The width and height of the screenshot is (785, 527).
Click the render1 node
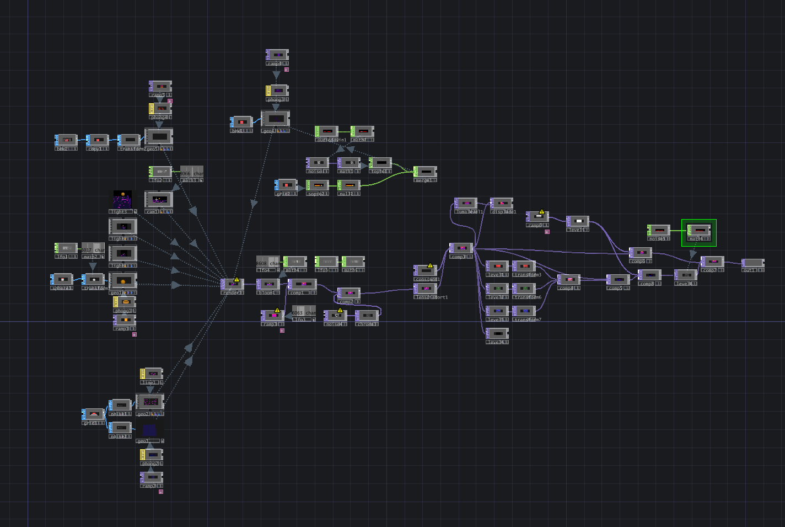coord(233,284)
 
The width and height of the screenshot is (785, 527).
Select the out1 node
coord(753,264)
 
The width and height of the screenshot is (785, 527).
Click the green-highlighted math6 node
coord(699,230)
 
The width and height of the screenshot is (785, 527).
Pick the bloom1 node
coord(268,284)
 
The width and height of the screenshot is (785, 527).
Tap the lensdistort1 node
coord(426,289)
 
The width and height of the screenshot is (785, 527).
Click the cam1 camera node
coord(159,199)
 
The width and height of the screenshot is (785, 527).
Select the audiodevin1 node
coord(326,131)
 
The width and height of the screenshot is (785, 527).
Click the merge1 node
coord(426,172)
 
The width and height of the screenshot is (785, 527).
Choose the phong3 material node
coord(277,91)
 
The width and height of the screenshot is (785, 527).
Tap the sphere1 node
coord(62,279)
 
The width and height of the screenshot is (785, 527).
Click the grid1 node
coord(93,414)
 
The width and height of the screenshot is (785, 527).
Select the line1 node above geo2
coord(152,374)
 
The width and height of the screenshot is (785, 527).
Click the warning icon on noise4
coord(340,311)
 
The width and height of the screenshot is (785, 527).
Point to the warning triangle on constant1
coord(431,265)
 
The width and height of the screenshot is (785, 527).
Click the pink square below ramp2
coord(161,492)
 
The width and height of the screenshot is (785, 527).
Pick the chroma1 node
coord(367,316)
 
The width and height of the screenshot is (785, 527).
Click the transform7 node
coord(524,311)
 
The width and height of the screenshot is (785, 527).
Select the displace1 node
coord(502,203)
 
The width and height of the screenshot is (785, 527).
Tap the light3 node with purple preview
coord(122,200)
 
